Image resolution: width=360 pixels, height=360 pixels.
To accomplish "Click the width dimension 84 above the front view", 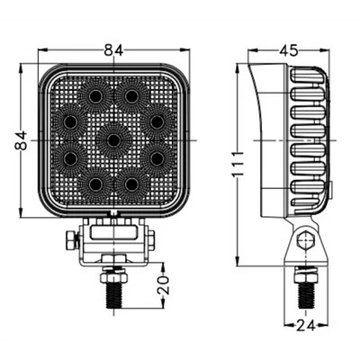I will click(x=112, y=51).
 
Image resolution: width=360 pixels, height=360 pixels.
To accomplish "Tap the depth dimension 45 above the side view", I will click(x=289, y=51).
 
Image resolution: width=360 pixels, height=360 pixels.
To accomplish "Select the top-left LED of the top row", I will click(x=94, y=94).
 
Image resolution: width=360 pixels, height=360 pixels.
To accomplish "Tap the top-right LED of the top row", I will click(x=132, y=94).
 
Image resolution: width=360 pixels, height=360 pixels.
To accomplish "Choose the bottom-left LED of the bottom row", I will click(x=94, y=184).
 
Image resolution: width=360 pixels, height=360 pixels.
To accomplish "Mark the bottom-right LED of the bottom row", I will click(x=132, y=184).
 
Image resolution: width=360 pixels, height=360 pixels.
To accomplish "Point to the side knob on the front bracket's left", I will click(x=69, y=240).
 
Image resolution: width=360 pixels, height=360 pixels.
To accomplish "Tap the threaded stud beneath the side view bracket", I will click(x=306, y=291).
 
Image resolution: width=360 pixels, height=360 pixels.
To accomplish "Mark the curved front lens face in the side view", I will click(x=258, y=139).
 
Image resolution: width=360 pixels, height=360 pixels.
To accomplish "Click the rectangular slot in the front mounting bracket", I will click(x=112, y=232).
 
